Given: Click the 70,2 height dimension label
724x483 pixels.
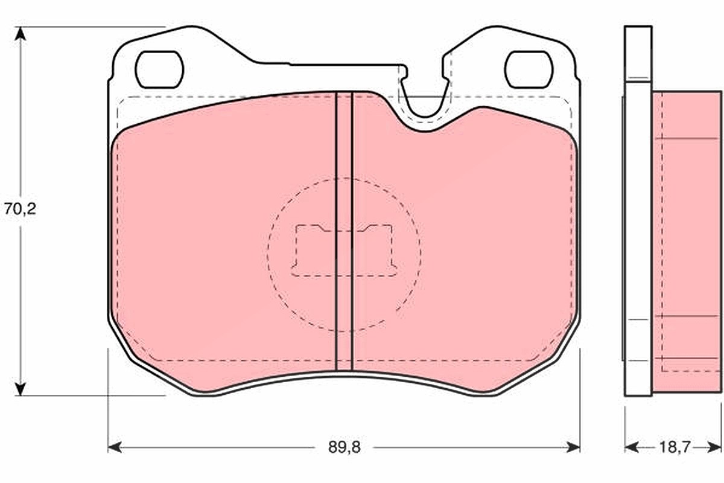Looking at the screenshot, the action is click(x=20, y=209).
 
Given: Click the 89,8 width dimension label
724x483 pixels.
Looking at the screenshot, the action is click(x=345, y=447).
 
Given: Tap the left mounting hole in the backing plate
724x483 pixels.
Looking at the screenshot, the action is click(x=159, y=69).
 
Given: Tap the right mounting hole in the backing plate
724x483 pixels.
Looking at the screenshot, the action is click(x=529, y=69).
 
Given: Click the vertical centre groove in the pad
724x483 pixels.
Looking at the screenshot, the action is click(x=344, y=231).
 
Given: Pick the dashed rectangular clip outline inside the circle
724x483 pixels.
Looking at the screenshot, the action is click(x=344, y=251).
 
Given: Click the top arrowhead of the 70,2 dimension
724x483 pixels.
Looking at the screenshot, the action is click(x=21, y=33).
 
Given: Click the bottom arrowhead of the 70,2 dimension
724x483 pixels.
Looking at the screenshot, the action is click(x=21, y=389).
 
